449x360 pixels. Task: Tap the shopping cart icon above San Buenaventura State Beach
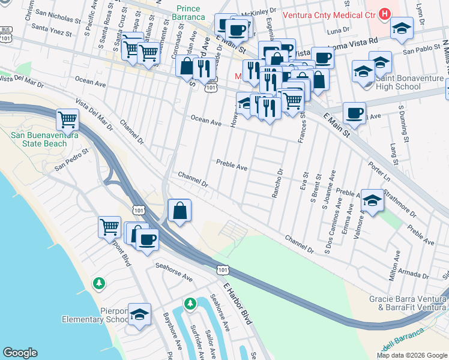click(x=68, y=119)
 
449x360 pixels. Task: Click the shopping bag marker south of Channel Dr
click(x=179, y=211)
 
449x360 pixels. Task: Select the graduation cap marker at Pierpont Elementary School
click(x=139, y=314)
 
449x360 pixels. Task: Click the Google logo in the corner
click(x=20, y=352)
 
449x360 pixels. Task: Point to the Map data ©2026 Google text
click(x=411, y=355)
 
